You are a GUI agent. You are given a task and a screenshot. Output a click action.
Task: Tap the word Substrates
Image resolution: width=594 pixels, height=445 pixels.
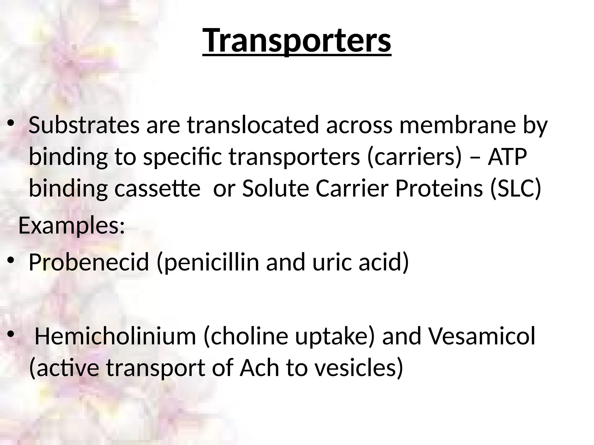(x=84, y=125)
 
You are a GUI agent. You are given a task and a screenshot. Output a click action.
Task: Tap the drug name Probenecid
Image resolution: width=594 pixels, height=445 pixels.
(x=89, y=262)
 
